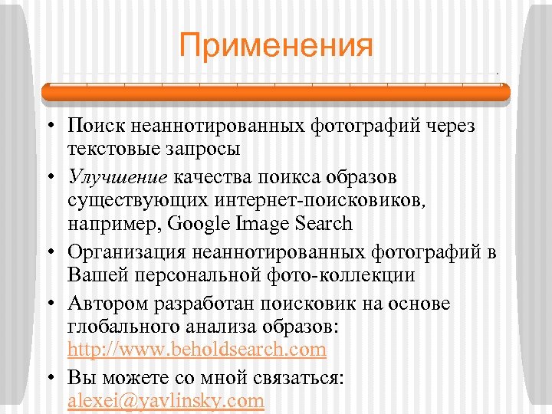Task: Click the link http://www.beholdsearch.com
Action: tap(196, 350)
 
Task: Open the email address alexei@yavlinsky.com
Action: tap(166, 400)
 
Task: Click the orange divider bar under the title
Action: tap(276, 93)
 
